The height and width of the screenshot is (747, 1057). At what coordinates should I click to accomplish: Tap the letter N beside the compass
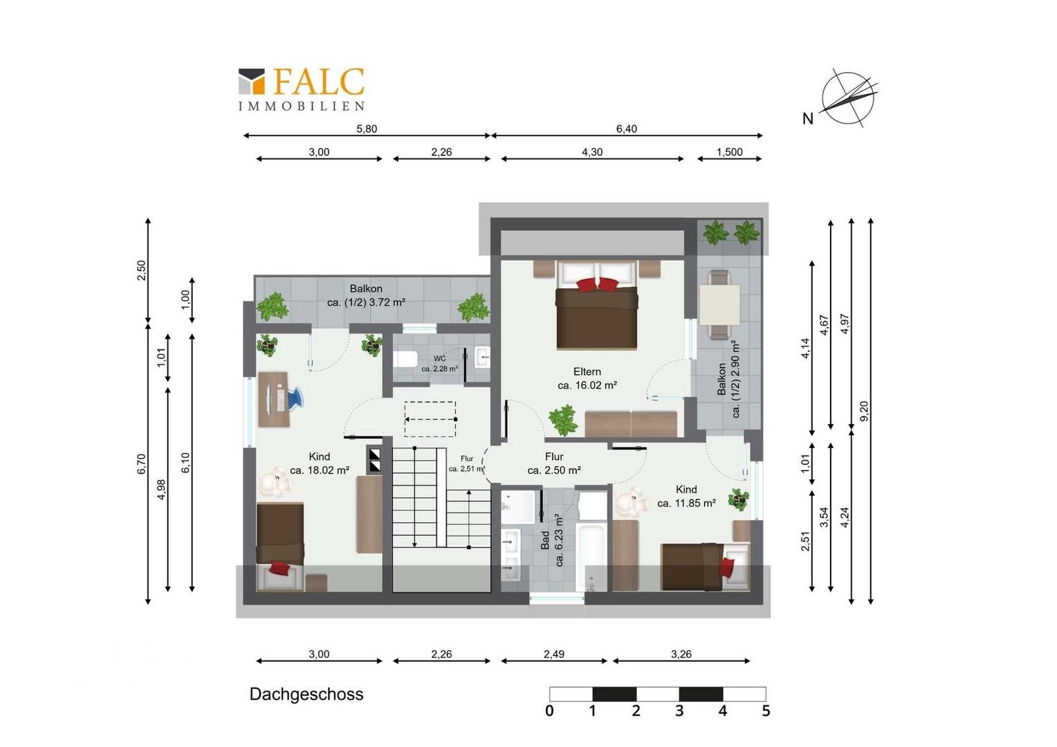(808, 118)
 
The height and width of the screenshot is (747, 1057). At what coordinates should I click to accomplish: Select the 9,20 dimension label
(864, 411)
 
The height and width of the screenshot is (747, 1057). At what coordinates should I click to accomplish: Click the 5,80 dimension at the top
(367, 129)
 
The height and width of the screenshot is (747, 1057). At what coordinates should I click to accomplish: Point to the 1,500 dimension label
(730, 152)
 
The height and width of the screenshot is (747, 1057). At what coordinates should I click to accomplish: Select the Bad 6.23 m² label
(552, 539)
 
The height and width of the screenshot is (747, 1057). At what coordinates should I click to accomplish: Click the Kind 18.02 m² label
(320, 463)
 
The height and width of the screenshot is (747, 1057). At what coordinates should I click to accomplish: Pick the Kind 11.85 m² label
(686, 497)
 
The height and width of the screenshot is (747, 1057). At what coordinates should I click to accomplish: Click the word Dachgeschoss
(306, 694)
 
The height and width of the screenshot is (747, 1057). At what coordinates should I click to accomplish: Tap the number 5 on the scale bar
(766, 710)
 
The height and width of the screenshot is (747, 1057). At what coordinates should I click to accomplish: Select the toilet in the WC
(405, 359)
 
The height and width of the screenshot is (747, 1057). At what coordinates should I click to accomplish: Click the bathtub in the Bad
(590, 557)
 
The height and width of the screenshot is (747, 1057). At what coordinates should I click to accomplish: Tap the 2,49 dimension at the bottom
(554, 654)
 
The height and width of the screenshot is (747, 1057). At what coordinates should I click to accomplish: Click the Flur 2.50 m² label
(554, 463)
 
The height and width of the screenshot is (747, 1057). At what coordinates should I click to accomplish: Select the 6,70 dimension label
(142, 463)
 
